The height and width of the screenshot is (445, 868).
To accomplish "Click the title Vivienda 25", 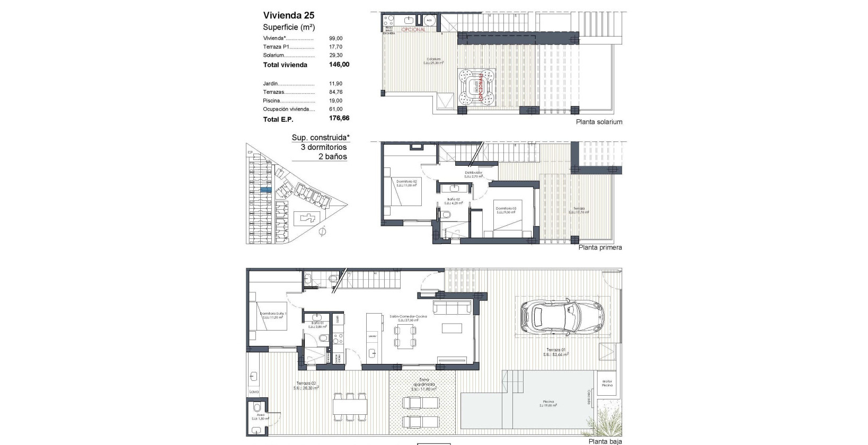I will pyautogui.click(x=289, y=15).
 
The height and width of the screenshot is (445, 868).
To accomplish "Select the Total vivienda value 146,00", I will pyautogui.click(x=339, y=65).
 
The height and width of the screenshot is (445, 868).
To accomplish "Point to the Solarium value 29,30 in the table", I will pyautogui.click(x=336, y=55).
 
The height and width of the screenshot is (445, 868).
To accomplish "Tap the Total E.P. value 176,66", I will pyautogui.click(x=339, y=119).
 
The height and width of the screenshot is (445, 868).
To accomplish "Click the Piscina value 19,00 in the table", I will pyautogui.click(x=336, y=101).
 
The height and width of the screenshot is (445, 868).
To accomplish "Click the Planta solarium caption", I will pyautogui.click(x=599, y=122).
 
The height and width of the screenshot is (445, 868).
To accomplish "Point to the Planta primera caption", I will pyautogui.click(x=600, y=247).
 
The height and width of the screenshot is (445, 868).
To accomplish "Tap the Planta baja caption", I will pyautogui.click(x=605, y=441).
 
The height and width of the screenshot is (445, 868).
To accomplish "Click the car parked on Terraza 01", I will pyautogui.click(x=561, y=317).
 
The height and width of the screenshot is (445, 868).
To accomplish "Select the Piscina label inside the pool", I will pyautogui.click(x=548, y=402).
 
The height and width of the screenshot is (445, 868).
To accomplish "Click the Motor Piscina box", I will pyautogui.click(x=607, y=383).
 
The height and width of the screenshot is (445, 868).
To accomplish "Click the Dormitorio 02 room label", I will pyautogui.click(x=406, y=181).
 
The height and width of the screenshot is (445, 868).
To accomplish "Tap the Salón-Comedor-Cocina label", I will pyautogui.click(x=408, y=316).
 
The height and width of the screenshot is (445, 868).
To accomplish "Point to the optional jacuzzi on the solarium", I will pyautogui.click(x=477, y=87).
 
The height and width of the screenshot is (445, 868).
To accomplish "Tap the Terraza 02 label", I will pyautogui.click(x=306, y=384).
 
